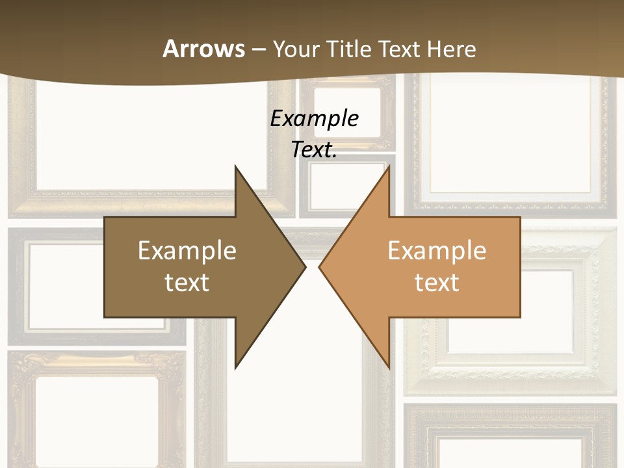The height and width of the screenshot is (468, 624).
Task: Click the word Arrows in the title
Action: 203,49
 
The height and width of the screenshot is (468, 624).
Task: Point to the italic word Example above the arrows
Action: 314,118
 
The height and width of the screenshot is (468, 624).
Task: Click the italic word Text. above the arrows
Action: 314,149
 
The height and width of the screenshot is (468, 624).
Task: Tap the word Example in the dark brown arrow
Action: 187,251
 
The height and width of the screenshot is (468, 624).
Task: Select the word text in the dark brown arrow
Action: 187,283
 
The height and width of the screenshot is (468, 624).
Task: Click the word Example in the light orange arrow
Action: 437,251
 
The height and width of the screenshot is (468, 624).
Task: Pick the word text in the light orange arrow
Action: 437,283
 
